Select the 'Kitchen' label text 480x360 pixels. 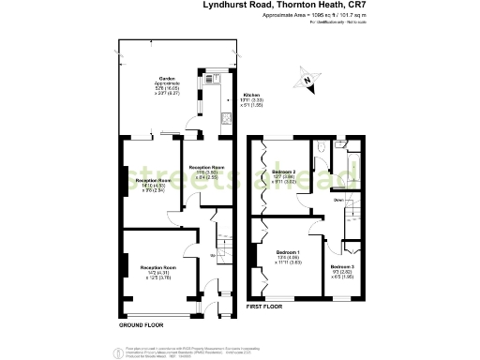click(251, 95)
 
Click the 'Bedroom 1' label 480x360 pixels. click(288, 252)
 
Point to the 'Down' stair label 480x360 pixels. click(337, 200)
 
